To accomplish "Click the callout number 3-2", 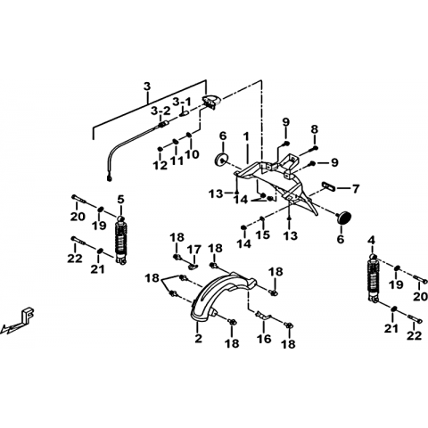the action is pos(160,111).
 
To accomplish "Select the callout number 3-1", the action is pos(182,102).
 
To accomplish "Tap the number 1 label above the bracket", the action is pos(246,137).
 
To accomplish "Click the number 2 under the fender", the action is pos(198,338).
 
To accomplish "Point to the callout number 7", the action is pos(356,189).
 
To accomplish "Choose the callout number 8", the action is pos(315,129).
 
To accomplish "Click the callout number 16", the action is pos(264,339).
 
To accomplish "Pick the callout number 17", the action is pos(194,250).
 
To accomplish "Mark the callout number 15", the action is pos(264,235).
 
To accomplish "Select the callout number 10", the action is pos(192,154).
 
